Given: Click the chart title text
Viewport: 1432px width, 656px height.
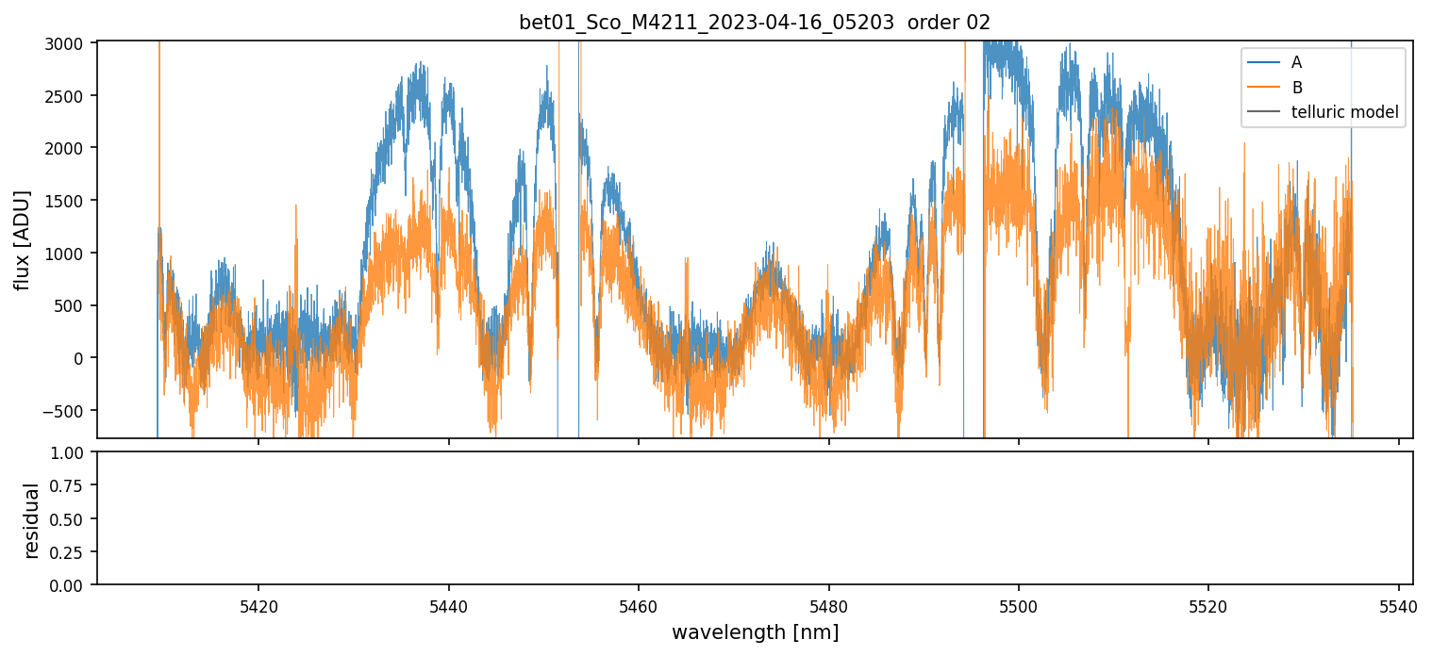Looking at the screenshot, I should click(x=754, y=23).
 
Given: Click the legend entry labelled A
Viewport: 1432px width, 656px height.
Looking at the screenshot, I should click(x=1296, y=62).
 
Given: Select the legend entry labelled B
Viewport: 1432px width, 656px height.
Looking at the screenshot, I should click(x=1296, y=88).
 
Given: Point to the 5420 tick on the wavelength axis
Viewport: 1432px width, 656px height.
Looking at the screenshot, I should click(x=258, y=603).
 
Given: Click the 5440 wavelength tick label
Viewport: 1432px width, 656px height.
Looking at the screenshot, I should click(x=448, y=603).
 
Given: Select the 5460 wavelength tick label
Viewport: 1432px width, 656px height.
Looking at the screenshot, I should click(x=639, y=603).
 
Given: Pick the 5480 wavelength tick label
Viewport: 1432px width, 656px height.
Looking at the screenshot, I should click(x=828, y=603).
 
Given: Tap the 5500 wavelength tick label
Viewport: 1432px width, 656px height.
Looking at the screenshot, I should click(x=1019, y=603).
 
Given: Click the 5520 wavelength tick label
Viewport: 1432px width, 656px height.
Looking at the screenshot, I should click(x=1208, y=603).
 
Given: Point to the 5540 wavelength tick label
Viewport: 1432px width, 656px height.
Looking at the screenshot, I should click(x=1398, y=603).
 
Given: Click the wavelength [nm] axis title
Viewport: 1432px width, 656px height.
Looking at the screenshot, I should click(x=754, y=631).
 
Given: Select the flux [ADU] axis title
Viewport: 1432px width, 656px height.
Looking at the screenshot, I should click(x=22, y=239).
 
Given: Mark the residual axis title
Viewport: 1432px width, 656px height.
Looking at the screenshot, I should click(x=31, y=519).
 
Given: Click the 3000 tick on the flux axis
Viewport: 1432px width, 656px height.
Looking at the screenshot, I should click(x=71, y=43).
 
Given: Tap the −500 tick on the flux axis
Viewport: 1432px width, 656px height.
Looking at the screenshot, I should click(x=68, y=410).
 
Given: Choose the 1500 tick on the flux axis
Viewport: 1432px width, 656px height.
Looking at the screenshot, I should click(x=71, y=201).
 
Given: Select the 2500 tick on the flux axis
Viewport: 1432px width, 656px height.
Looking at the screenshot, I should click(x=71, y=96).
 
